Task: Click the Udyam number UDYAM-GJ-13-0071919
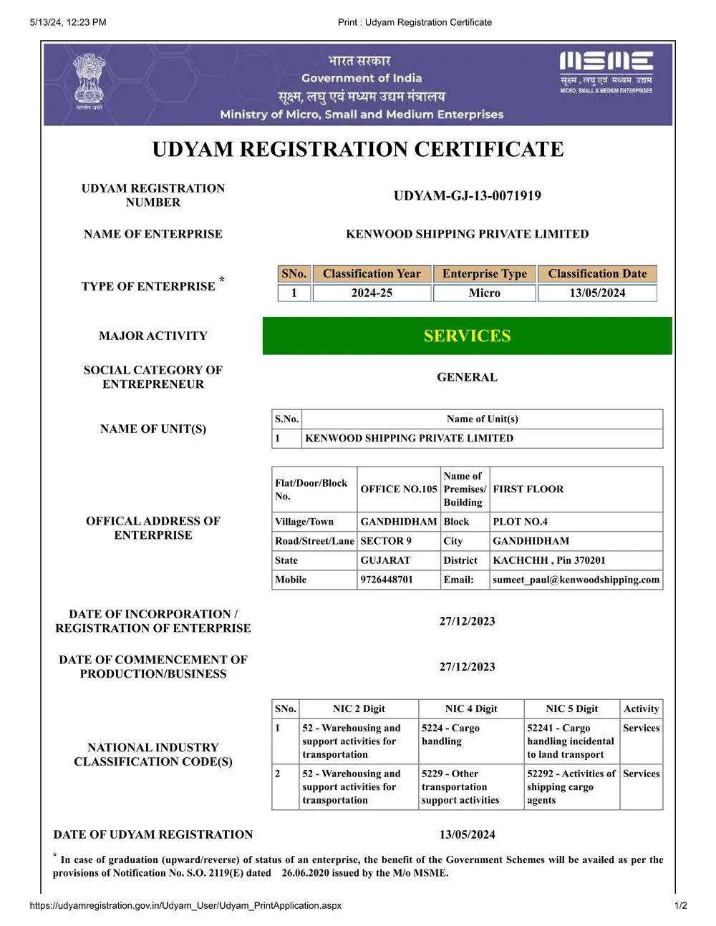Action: (x=467, y=195)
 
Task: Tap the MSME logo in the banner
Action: (x=606, y=72)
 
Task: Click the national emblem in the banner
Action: (x=89, y=80)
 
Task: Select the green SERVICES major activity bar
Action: (x=467, y=336)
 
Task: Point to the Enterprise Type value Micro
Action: (x=484, y=293)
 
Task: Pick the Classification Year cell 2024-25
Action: (x=372, y=293)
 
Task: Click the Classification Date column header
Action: (x=597, y=273)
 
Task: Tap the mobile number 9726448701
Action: (x=387, y=580)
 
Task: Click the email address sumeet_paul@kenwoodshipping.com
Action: (x=576, y=580)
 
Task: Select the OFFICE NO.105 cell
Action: (x=398, y=489)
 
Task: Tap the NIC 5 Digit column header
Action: (x=571, y=708)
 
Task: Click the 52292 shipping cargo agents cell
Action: (x=571, y=786)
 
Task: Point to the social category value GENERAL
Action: (x=467, y=377)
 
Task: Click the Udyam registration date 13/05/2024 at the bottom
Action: (x=467, y=834)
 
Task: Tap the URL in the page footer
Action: (x=185, y=905)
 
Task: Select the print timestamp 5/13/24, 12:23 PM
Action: (x=68, y=22)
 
